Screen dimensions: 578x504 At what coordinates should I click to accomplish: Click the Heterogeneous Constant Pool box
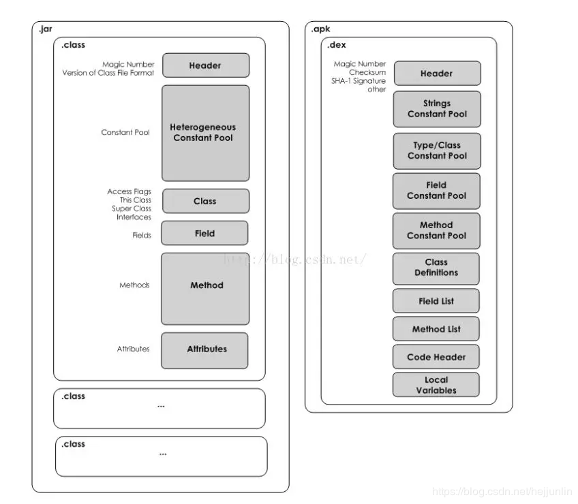205,133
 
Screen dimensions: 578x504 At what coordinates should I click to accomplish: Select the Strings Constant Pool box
437,109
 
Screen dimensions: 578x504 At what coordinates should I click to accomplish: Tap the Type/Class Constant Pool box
437,151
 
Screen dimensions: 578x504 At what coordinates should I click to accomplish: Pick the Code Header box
436,357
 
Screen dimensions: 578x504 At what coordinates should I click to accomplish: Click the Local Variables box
436,385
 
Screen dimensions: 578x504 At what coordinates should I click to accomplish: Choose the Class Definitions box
436,268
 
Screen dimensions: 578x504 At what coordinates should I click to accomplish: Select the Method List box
436,329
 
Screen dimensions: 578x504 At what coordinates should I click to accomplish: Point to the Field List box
436,300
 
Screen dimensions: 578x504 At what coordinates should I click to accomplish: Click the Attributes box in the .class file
204,350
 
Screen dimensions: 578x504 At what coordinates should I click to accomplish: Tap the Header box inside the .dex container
437,74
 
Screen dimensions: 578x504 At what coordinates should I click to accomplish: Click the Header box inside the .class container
206,65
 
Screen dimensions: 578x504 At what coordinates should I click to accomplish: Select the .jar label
46,29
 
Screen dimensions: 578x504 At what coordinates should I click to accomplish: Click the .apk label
321,29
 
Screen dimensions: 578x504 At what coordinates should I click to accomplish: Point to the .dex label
337,45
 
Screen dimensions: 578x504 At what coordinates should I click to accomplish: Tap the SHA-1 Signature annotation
359,80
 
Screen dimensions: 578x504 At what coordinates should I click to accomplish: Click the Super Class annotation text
132,208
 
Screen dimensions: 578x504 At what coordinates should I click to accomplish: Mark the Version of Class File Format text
108,73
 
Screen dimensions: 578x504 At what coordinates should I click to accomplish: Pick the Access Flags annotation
129,191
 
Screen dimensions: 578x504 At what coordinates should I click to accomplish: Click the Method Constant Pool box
436,231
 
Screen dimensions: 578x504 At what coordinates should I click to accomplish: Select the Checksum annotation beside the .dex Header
367,72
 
